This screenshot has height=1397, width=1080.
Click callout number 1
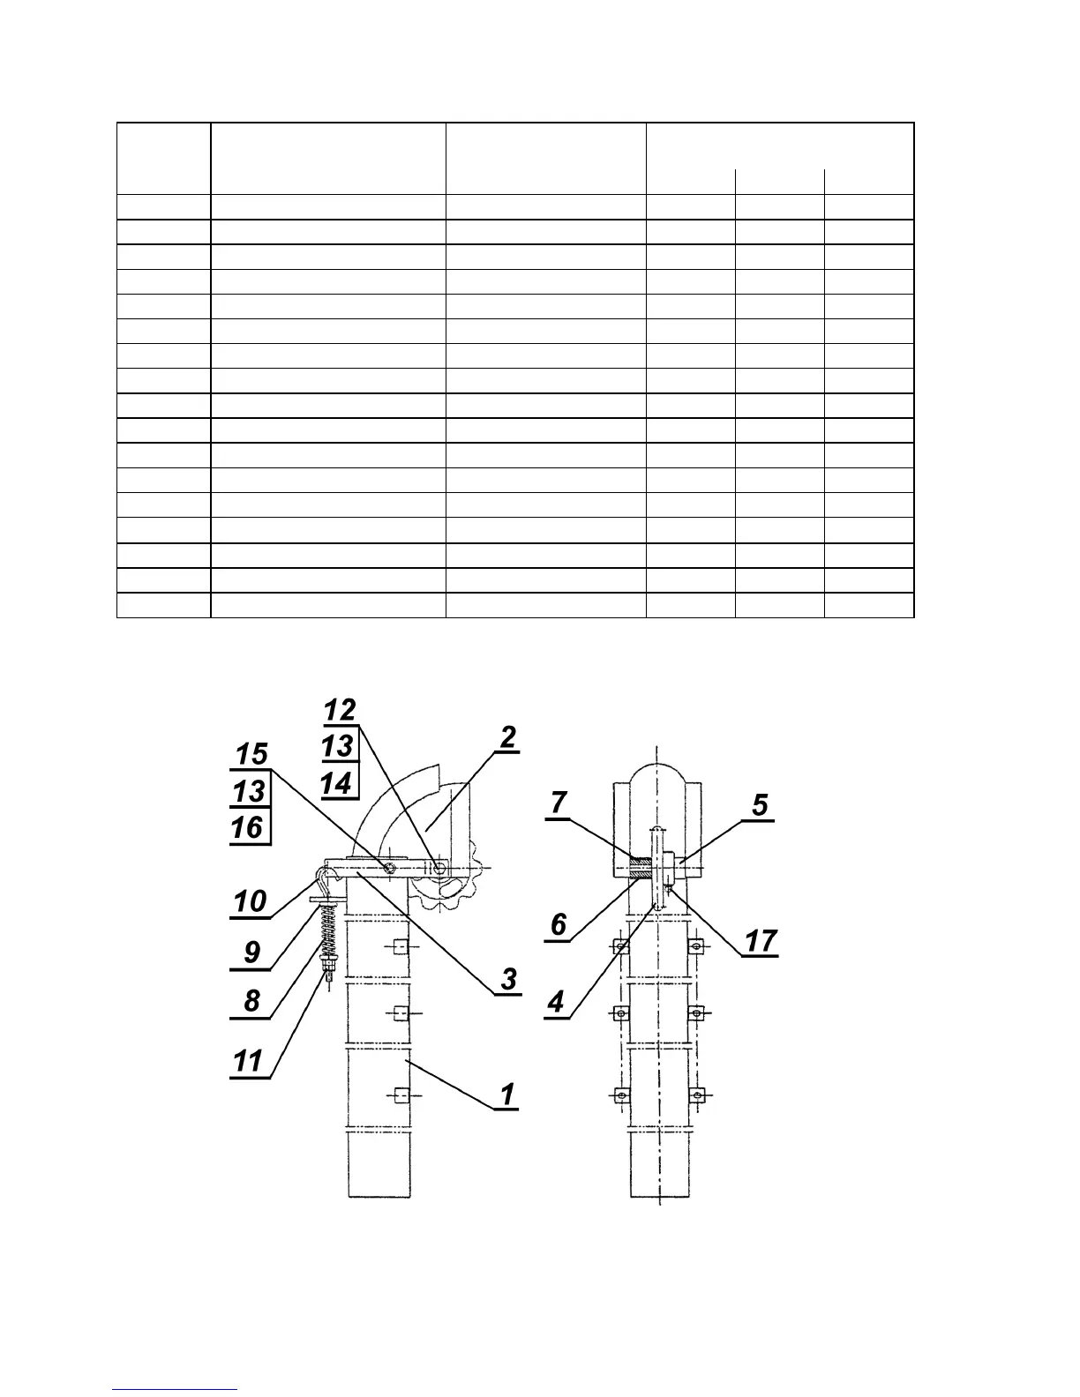click(x=506, y=1094)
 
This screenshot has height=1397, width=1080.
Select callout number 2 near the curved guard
click(x=507, y=737)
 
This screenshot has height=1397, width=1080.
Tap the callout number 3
click(x=508, y=978)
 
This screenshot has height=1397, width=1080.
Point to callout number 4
click(x=555, y=1002)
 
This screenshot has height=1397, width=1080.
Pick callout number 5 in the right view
click(x=760, y=805)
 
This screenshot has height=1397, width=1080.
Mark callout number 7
click(x=559, y=803)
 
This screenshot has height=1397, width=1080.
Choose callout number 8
click(x=252, y=1000)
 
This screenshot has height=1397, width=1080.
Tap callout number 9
click(x=252, y=952)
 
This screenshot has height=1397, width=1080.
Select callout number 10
click(x=250, y=901)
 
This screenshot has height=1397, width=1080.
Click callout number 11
click(x=248, y=1060)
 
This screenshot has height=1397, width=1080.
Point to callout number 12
click(x=340, y=710)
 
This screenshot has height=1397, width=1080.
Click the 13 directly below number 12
click(x=338, y=747)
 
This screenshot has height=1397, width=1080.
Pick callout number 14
click(x=337, y=783)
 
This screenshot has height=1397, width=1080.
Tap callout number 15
click(x=251, y=754)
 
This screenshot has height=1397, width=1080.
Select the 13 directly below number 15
click(x=249, y=791)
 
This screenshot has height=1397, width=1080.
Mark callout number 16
click(x=249, y=827)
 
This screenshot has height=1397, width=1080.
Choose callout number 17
click(x=760, y=941)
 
